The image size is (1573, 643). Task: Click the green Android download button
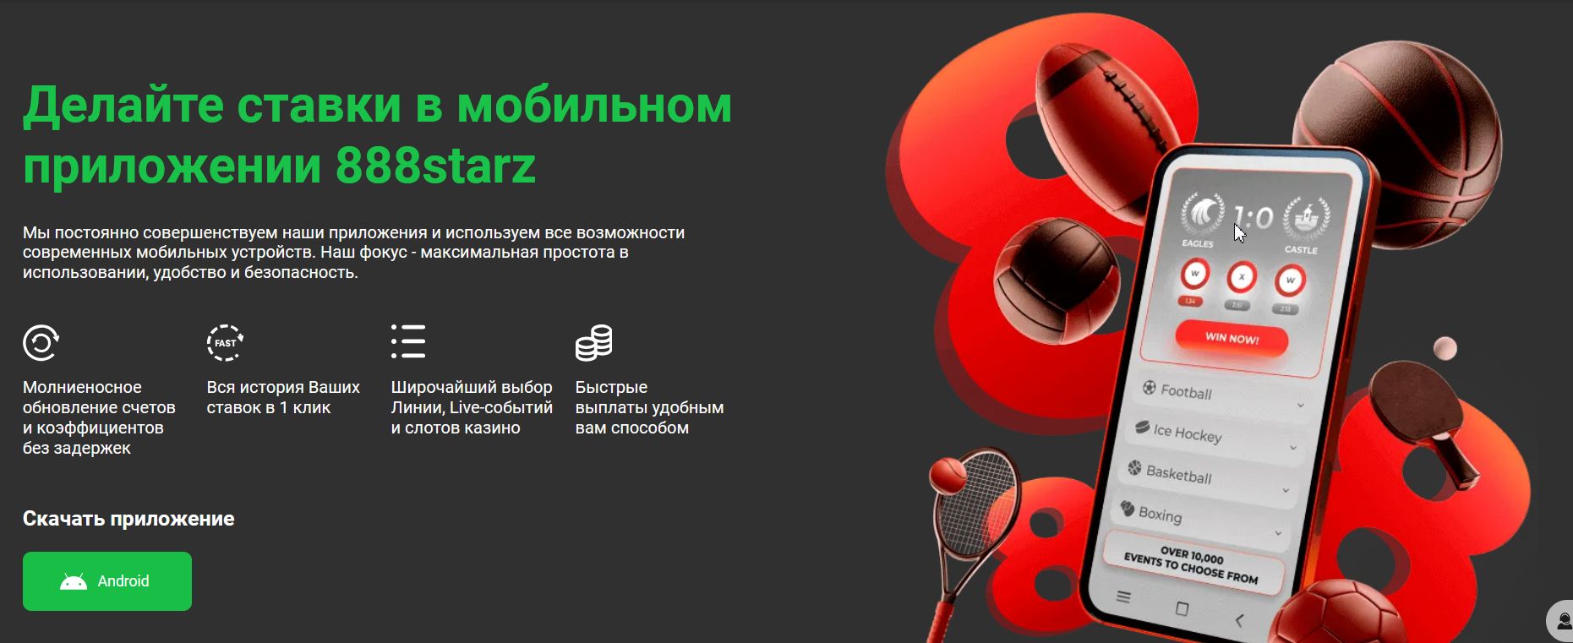click(107, 581)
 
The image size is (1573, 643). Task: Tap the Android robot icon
click(74, 581)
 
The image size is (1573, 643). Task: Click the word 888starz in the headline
click(435, 165)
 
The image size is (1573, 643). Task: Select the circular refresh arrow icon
click(41, 343)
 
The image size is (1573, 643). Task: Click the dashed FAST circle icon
click(225, 343)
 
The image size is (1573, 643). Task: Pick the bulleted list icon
click(408, 341)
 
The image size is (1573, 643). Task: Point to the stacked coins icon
click(593, 342)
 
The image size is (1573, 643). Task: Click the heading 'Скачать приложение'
click(128, 519)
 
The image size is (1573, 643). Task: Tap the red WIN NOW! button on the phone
click(1232, 339)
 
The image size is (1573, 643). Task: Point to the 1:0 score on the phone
click(1253, 218)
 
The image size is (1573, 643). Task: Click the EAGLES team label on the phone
click(1197, 244)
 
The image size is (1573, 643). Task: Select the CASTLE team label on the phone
click(1301, 250)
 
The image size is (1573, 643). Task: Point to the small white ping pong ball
click(1445, 348)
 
